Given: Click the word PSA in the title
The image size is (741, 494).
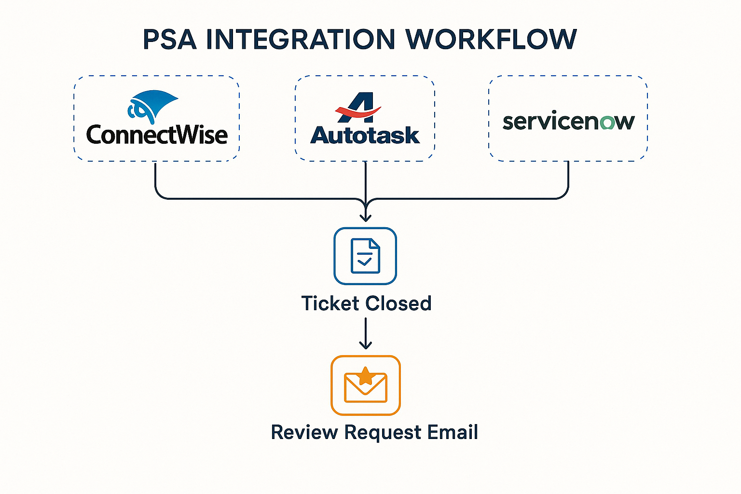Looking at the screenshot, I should click(x=170, y=40).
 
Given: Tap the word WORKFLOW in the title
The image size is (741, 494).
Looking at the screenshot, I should click(x=491, y=40).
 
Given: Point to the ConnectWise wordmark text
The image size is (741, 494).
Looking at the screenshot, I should click(x=157, y=135).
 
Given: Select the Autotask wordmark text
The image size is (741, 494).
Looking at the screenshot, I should click(x=365, y=136).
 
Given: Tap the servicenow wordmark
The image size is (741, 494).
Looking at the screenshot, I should click(x=568, y=122).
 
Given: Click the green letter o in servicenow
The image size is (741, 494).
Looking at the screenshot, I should click(x=607, y=123).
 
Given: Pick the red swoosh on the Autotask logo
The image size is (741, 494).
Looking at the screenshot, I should click(x=357, y=114).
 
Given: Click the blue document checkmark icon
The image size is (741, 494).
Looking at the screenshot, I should click(x=365, y=256).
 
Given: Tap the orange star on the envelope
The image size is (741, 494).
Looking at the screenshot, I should click(x=366, y=376).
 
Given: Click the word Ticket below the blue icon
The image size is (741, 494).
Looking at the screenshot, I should click(x=330, y=303).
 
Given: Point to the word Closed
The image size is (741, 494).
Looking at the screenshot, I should click(x=398, y=303).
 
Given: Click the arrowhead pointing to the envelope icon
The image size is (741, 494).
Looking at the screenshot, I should click(x=366, y=344).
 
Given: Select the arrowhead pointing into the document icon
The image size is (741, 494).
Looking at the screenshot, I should click(x=366, y=217).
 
